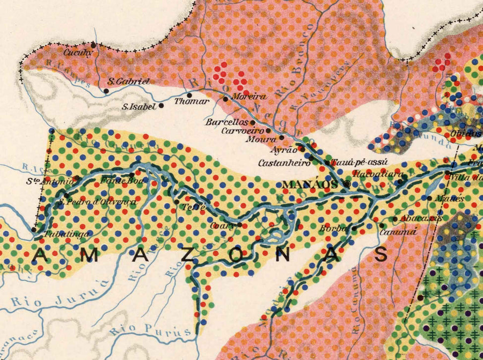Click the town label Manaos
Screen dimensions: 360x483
point(311,185)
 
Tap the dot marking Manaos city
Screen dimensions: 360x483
point(348,184)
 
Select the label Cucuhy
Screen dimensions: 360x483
point(78,53)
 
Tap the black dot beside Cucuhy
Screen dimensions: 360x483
point(94,45)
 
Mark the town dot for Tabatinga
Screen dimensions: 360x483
point(34,229)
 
